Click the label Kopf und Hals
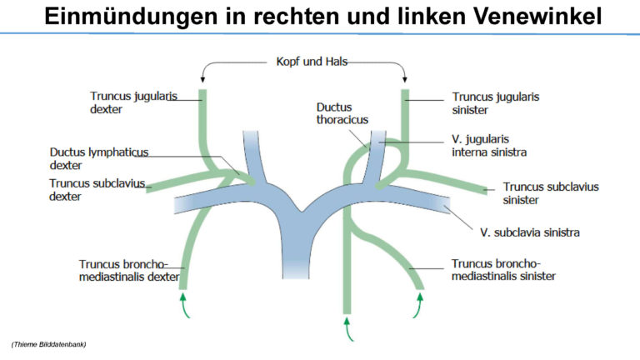(x=312, y=62)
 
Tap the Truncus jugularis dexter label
(x=133, y=102)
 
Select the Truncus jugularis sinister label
(x=496, y=103)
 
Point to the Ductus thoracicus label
(x=342, y=113)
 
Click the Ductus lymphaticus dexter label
(x=99, y=158)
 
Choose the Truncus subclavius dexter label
(x=97, y=190)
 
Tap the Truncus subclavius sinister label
(x=551, y=193)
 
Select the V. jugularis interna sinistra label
(x=489, y=145)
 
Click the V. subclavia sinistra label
(x=530, y=232)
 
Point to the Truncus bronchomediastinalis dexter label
(x=129, y=270)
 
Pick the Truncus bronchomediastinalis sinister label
(x=503, y=269)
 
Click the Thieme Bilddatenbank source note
(x=48, y=344)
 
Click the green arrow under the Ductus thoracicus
(x=348, y=329)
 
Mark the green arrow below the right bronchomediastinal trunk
(x=184, y=305)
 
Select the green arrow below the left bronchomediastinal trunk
(x=418, y=305)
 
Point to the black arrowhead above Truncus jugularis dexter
(x=202, y=79)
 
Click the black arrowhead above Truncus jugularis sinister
(x=404, y=79)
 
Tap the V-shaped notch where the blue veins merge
(x=302, y=212)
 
